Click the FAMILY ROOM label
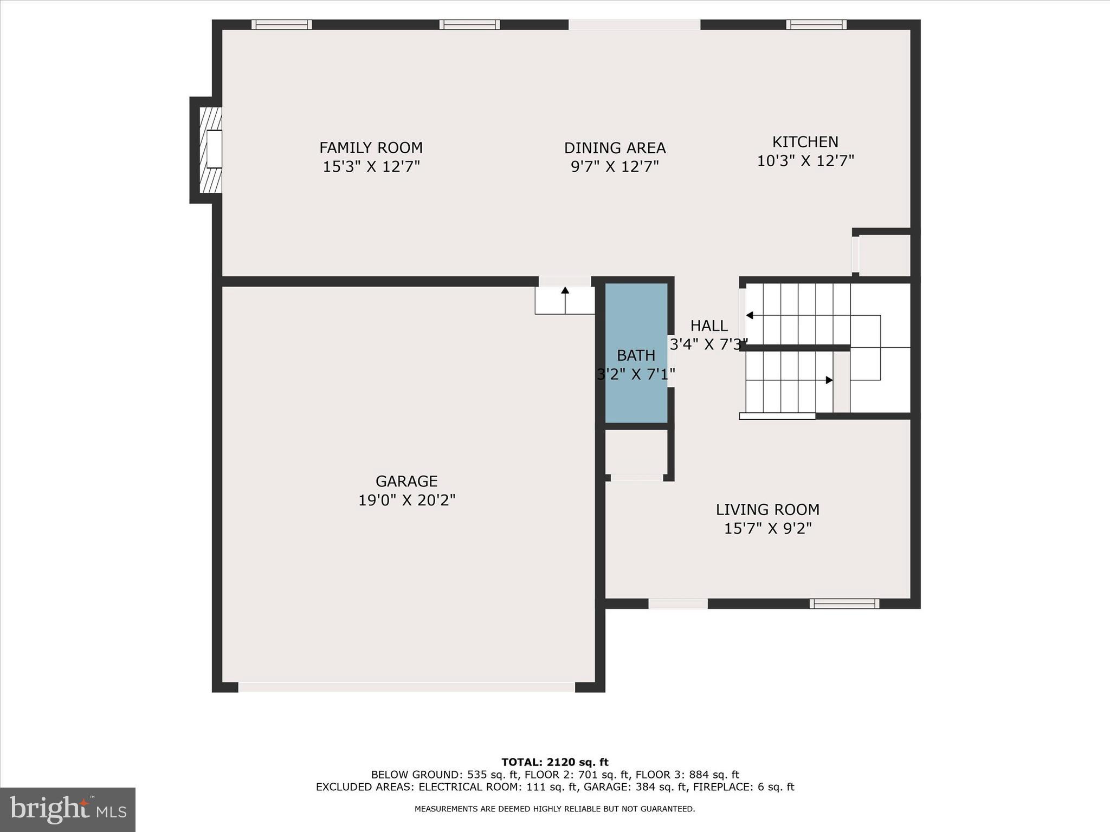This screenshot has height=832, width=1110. tap(371, 147)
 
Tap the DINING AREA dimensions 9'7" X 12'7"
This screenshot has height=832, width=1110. tap(615, 166)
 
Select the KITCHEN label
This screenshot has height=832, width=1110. tap(805, 142)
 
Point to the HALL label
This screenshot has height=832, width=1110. tap(708, 326)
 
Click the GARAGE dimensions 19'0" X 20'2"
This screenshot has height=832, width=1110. tap(406, 500)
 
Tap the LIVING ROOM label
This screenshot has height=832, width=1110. tap(767, 510)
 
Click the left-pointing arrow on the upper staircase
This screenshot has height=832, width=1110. tap(750, 315)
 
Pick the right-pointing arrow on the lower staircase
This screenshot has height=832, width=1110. tap(828, 380)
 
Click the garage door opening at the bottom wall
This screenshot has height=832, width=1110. tap(406, 687)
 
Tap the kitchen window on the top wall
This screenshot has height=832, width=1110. tap(816, 24)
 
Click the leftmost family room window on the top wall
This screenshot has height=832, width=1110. tap(281, 24)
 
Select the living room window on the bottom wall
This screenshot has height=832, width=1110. tap(844, 603)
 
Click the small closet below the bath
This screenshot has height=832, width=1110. tap(636, 452)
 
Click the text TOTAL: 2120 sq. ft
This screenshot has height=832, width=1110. tap(554, 762)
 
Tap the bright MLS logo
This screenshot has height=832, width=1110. tap(68, 809)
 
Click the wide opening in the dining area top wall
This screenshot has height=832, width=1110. tap(634, 24)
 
